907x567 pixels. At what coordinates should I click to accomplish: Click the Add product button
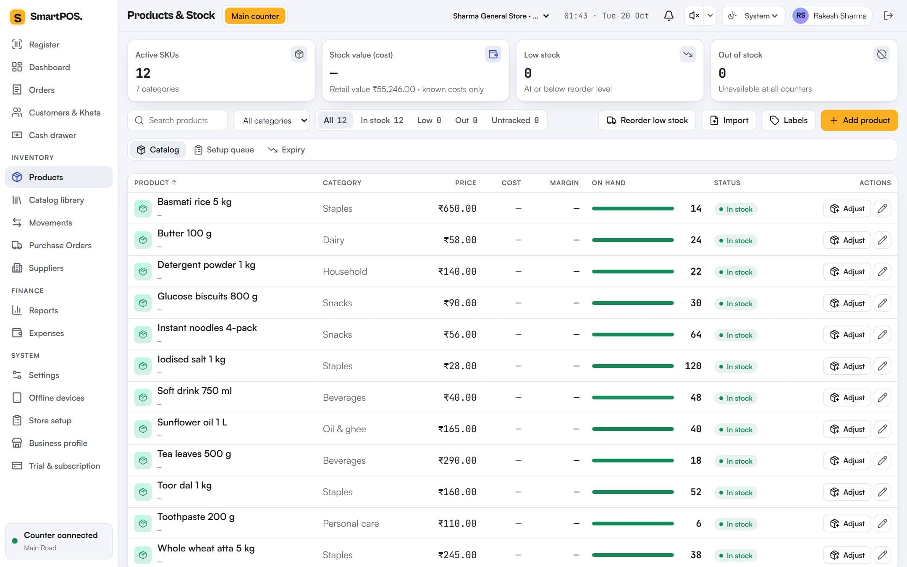coord(859,120)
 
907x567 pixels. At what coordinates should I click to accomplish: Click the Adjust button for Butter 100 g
coord(847,240)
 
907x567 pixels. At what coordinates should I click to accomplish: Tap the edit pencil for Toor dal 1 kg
coord(882,492)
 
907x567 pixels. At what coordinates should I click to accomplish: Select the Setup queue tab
coord(224,150)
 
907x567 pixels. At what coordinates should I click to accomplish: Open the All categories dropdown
coord(271,121)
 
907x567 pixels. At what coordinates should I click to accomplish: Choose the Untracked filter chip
coord(515,120)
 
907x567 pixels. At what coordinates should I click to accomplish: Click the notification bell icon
coord(668,16)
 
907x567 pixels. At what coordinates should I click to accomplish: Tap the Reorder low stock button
coord(647,120)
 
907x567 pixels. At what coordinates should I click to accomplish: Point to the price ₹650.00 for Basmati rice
coord(457,208)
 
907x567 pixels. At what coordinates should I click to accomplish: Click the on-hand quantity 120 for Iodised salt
coord(693,366)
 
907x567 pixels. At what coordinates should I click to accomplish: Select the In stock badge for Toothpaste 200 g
coord(736,524)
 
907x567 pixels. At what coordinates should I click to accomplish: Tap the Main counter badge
coord(255,16)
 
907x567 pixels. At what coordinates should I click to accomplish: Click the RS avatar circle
coord(801,16)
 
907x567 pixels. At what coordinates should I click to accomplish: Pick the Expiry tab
coord(286,150)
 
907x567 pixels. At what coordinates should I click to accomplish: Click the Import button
coord(729,120)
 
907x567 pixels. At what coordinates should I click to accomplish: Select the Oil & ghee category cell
coord(344,429)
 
